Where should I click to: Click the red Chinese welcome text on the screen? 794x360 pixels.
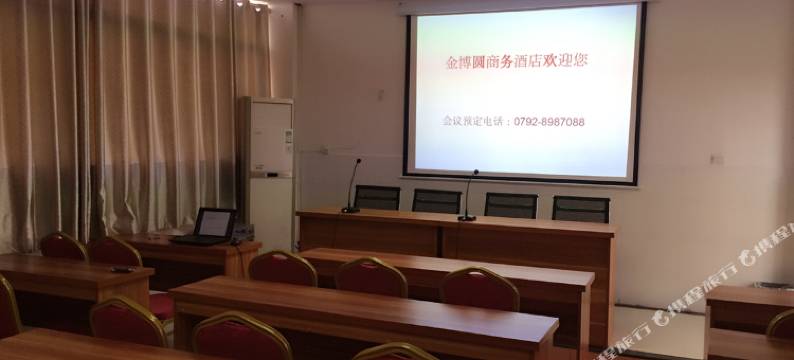click(515, 61)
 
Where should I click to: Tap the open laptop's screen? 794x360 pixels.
click(216, 223)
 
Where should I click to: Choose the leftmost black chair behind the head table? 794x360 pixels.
click(377, 197)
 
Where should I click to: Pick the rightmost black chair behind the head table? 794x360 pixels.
click(581, 208)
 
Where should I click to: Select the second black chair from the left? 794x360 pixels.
click(437, 201)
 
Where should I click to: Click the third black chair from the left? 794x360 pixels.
click(510, 205)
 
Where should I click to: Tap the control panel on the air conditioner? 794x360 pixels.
click(287, 137)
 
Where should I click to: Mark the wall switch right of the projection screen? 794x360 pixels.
click(716, 159)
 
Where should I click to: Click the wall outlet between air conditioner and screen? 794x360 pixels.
click(325, 151)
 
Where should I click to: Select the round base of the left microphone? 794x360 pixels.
click(350, 210)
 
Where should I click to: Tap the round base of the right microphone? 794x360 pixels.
click(467, 217)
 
